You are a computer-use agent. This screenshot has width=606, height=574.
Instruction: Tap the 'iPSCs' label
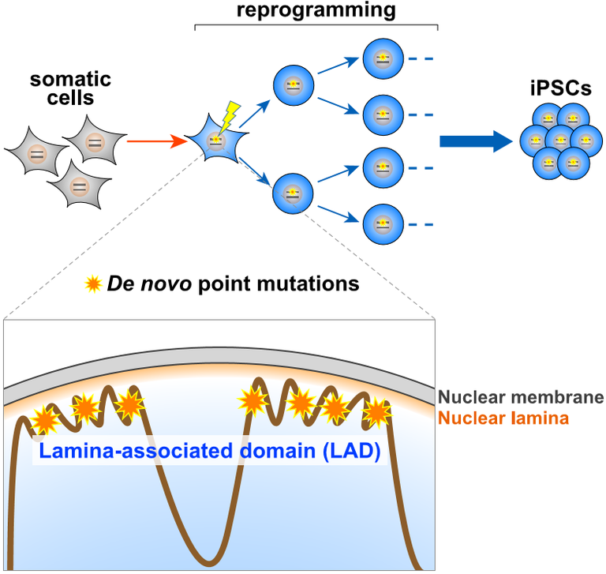coord(561,89)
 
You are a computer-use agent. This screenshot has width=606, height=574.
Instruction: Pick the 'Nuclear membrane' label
coord(521,397)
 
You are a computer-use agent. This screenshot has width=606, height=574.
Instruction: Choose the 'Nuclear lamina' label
coord(503,418)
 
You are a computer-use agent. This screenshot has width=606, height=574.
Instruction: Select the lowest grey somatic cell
coord(78,186)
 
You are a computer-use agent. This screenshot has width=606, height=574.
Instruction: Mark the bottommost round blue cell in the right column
coord(383,223)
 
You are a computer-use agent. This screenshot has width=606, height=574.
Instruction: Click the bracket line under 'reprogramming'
coord(316,26)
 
